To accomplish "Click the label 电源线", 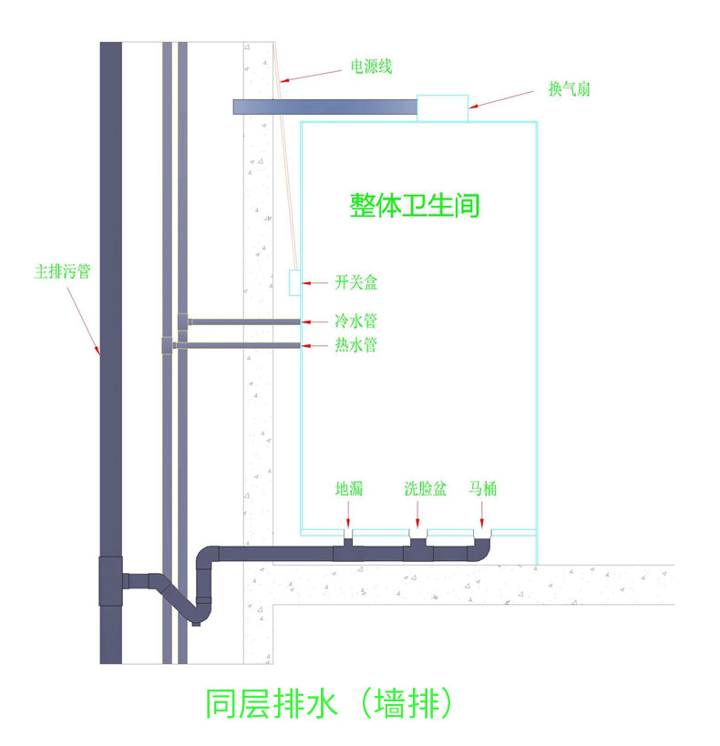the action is (372, 66).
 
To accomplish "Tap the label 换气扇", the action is (570, 89).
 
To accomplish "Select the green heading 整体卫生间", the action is (415, 206).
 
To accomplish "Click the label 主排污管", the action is (62, 271).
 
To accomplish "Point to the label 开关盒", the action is (356, 282).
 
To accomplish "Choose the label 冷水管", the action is (356, 322).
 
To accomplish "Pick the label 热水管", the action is (356, 344).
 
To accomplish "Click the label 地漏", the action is (349, 488).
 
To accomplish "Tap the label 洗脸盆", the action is (426, 488).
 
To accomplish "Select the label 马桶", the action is (483, 488).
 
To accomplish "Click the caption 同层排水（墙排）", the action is (329, 704).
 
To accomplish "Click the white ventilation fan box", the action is (443, 108).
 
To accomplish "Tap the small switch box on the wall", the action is (294, 282).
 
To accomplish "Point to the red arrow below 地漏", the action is (348, 515).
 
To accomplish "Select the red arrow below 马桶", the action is (482, 515).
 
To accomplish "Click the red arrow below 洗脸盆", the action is (417, 515).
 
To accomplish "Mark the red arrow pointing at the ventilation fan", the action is (501, 99).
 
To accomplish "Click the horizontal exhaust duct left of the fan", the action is (325, 107).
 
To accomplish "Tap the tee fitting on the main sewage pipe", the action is (111, 581).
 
